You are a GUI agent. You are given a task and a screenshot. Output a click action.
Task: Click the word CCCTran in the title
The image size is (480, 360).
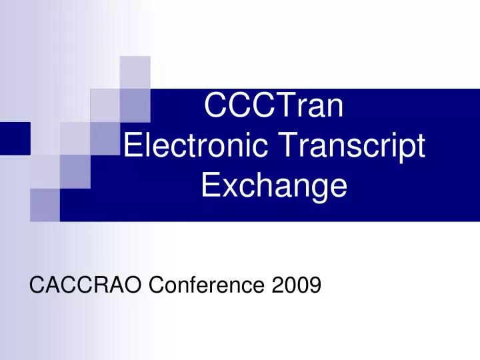click(273, 107)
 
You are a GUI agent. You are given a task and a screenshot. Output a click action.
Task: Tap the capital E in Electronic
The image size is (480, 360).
click(133, 146)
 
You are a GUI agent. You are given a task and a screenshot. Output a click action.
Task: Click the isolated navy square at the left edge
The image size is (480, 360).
click(15, 138)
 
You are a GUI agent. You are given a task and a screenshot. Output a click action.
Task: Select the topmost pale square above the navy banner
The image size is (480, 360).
click(135, 72)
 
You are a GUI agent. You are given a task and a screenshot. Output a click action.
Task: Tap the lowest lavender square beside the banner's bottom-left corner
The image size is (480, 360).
click(45, 205)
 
